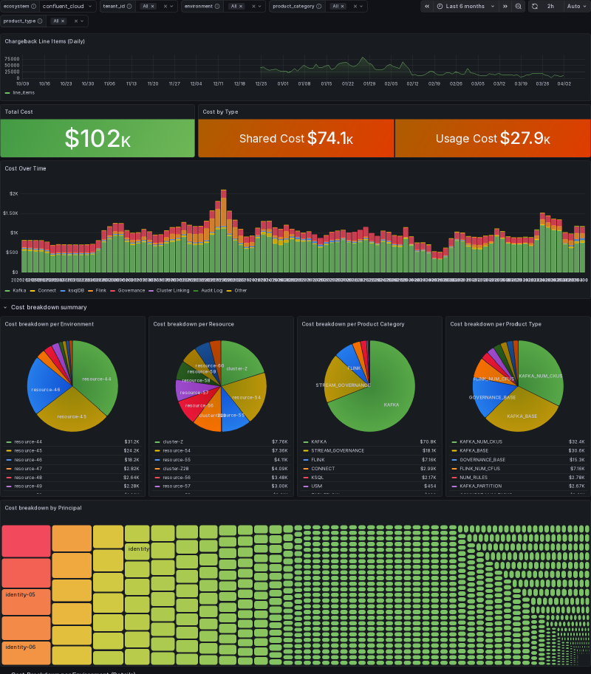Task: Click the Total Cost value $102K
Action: [98, 138]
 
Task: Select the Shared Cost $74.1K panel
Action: [295, 138]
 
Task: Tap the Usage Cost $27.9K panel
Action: [493, 138]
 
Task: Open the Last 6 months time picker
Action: [465, 6]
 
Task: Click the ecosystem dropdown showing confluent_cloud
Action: [67, 6]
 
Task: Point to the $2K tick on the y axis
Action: [13, 193]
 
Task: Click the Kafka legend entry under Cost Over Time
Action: [19, 290]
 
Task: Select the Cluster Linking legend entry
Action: [172, 290]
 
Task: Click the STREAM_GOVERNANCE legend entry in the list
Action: [338, 450]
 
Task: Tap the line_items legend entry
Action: [23, 92]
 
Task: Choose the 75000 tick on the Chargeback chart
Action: [12, 59]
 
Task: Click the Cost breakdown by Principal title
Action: [43, 508]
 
